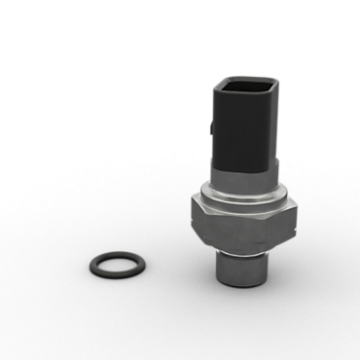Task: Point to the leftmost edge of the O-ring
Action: [x=87, y=264]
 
